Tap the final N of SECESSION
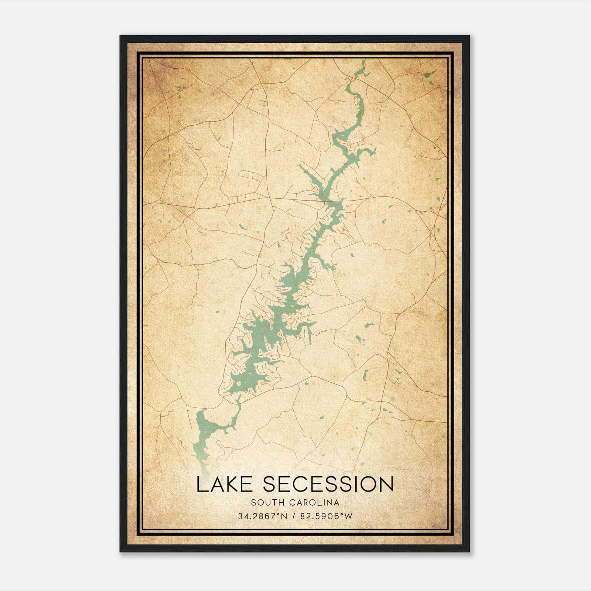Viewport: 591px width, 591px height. click(386, 484)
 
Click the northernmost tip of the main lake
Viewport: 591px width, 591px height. click(363, 61)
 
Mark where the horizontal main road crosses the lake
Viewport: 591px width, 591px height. click(334, 201)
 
